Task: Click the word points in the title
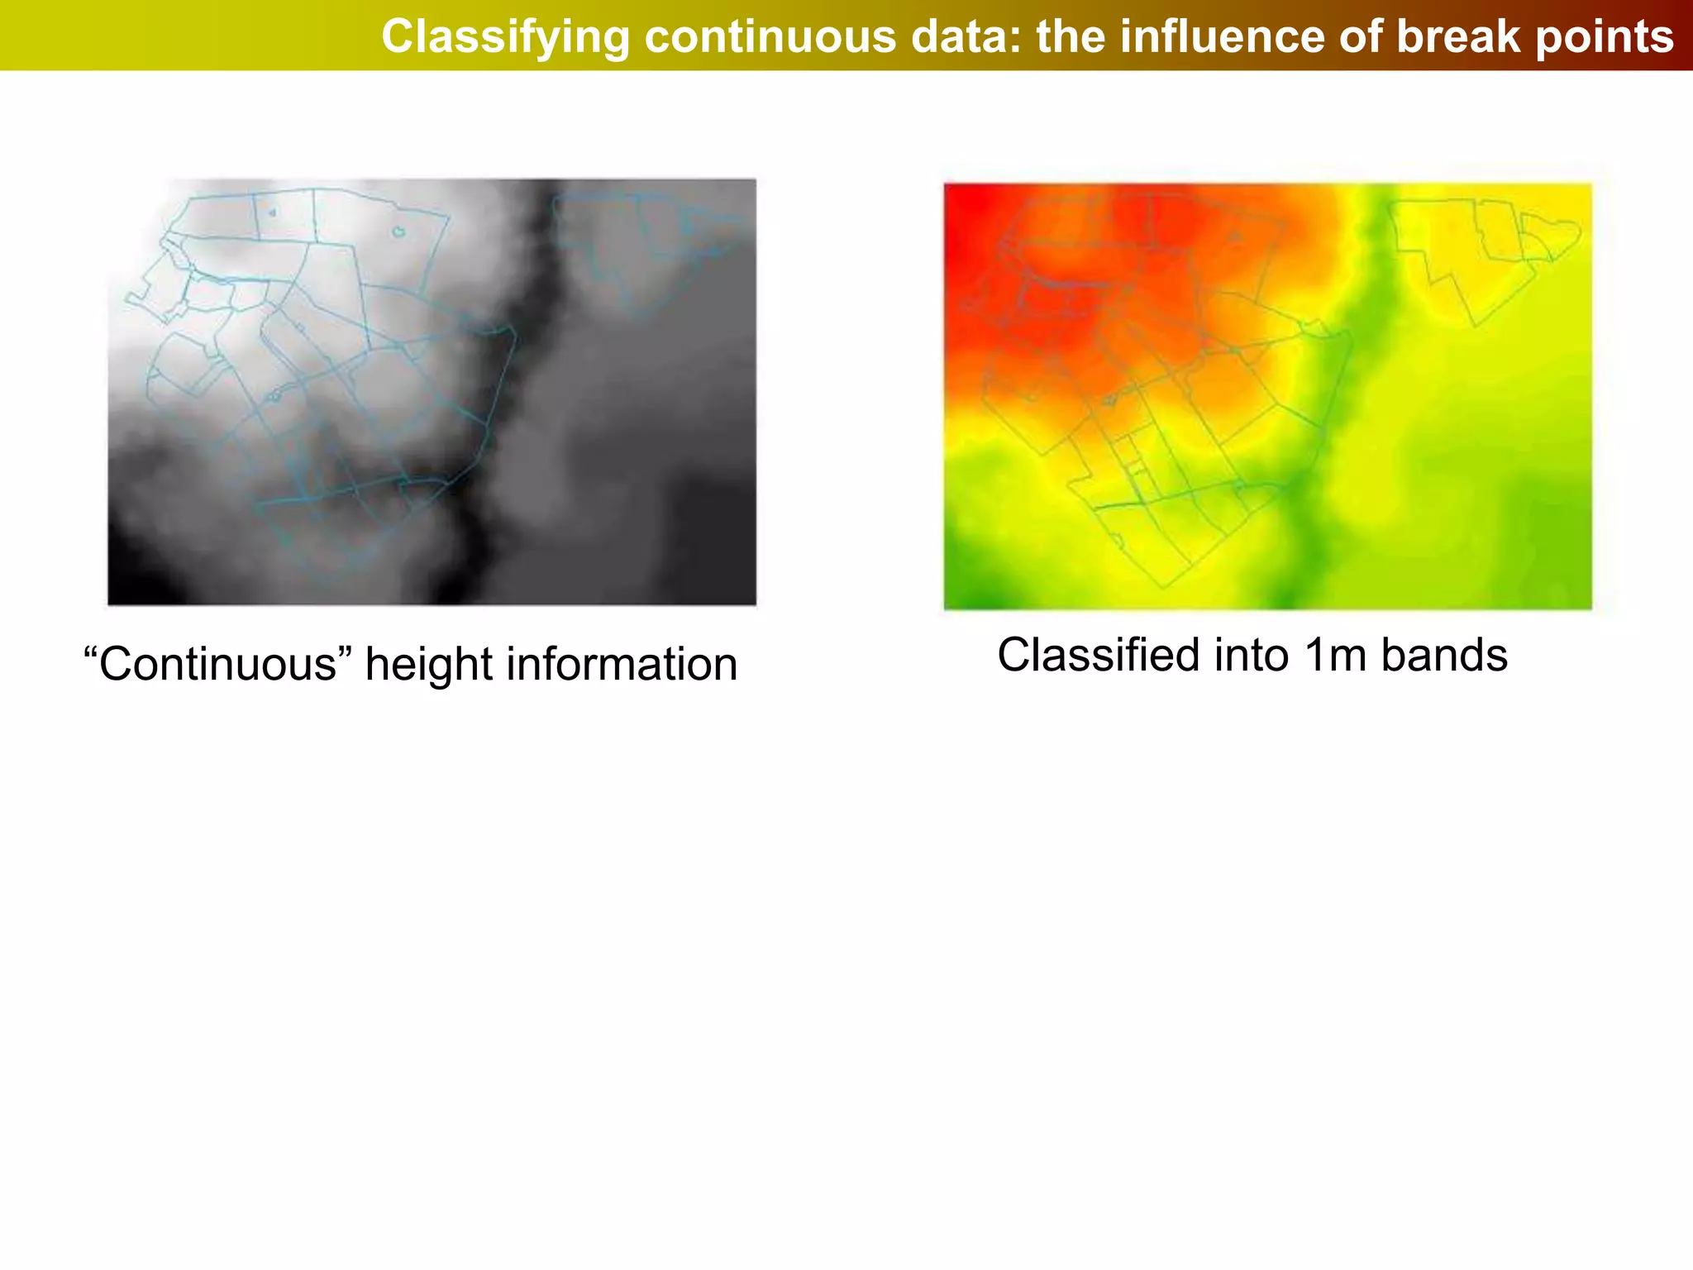pos(1605,37)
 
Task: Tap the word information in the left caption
pos(621,664)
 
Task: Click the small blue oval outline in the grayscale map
pos(398,232)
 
